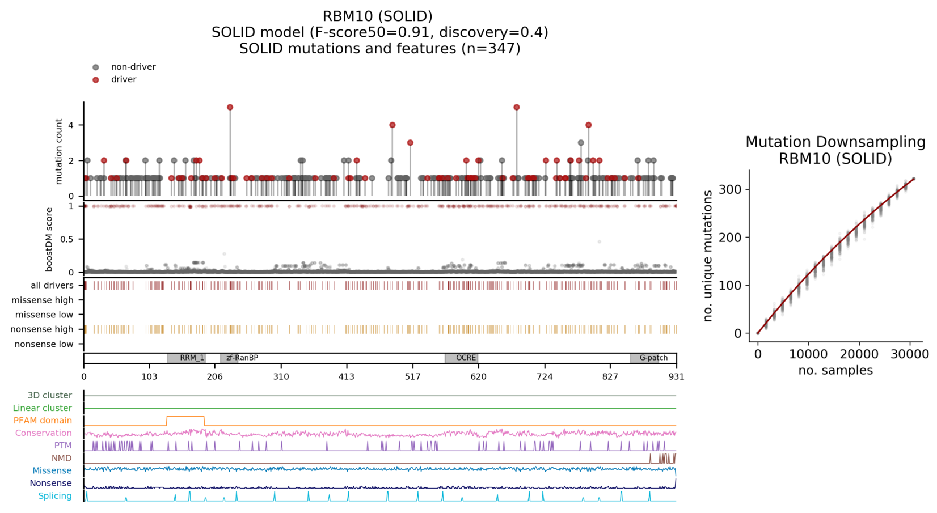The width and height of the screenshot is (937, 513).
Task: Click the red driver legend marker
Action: pos(96,80)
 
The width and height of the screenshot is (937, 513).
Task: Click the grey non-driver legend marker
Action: pos(96,67)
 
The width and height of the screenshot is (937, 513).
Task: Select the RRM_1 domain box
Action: pos(187,358)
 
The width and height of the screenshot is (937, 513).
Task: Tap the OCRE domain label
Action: pos(466,358)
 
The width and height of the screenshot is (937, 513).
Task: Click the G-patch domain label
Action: pos(653,358)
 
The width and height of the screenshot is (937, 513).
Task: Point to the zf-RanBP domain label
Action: pos(242,358)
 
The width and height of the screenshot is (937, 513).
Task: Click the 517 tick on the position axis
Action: pos(412,376)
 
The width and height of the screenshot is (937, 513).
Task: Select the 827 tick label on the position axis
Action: pos(610,376)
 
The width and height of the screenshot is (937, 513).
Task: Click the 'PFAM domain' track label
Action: pos(43,421)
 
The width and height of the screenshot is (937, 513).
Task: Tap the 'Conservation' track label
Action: pos(43,433)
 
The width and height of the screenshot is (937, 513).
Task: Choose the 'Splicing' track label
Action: pos(55,496)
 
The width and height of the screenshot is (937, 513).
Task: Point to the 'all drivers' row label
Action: pos(52,286)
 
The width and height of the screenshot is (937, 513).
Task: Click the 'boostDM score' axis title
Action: pos(49,239)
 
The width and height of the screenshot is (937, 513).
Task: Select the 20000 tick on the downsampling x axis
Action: pos(859,354)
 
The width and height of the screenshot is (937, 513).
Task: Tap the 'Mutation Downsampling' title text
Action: pos(835,142)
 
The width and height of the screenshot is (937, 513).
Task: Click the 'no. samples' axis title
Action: pos(835,371)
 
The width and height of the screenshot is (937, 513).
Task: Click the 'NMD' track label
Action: pos(61,459)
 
